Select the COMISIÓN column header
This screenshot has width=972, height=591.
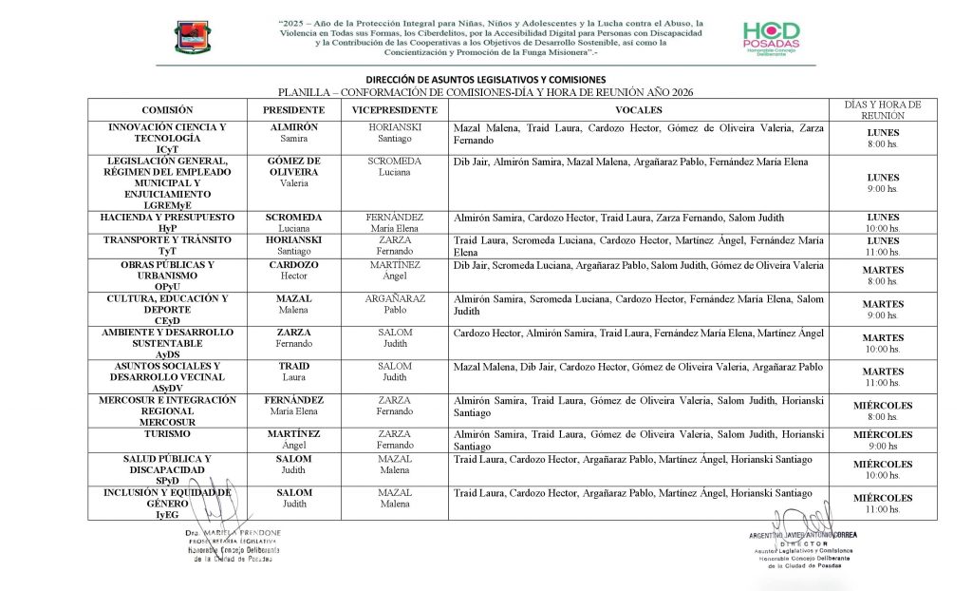(166, 110)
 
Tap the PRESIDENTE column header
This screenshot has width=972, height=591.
(293, 110)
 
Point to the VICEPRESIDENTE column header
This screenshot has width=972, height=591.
(394, 110)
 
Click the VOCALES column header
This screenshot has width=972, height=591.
(638, 110)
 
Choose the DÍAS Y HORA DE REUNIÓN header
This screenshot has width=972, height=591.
(883, 109)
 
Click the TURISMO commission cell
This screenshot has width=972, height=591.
(166, 433)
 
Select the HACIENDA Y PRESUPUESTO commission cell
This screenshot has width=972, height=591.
(166, 222)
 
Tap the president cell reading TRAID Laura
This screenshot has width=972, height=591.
(293, 372)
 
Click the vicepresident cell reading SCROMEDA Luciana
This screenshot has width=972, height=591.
(394, 167)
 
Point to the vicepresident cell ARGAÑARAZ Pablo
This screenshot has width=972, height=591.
(394, 304)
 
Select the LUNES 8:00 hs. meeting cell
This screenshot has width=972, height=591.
(883, 138)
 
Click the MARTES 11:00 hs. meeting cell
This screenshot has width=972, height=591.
(883, 376)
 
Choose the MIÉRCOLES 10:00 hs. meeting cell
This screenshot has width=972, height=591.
(883, 469)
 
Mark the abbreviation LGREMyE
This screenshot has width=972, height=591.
(166, 204)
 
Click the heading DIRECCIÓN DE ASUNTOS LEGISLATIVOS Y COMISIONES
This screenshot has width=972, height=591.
(485, 79)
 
